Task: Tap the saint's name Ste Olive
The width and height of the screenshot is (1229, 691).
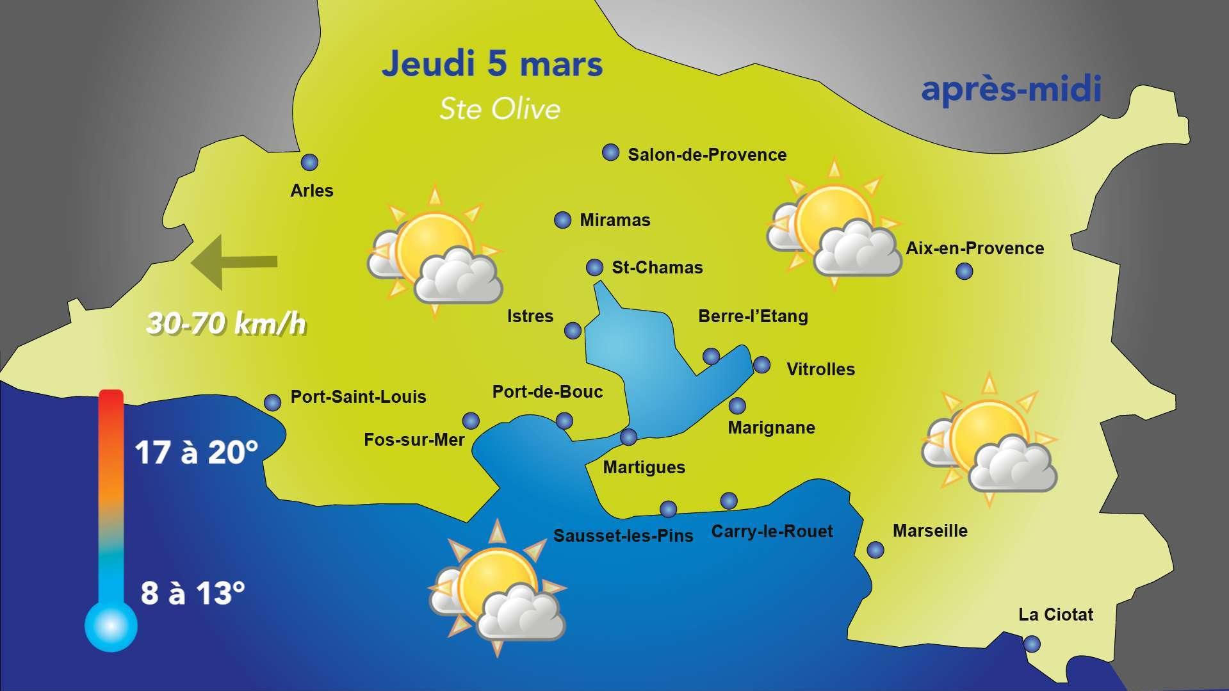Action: tap(500, 109)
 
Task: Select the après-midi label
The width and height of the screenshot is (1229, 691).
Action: tap(1011, 90)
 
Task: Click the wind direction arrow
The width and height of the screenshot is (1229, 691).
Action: tap(234, 261)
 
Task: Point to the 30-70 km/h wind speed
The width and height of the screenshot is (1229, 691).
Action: tap(226, 324)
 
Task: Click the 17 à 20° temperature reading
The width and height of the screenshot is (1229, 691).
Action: tap(196, 453)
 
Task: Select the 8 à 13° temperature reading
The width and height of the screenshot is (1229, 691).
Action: tap(192, 593)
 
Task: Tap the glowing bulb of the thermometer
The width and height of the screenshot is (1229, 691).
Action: tap(111, 626)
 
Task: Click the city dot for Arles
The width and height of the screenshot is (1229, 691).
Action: tap(309, 162)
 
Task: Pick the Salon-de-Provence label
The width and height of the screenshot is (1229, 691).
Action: tap(707, 155)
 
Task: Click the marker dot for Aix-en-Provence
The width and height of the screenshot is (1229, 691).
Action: tap(964, 272)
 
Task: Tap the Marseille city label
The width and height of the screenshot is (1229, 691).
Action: tap(930, 530)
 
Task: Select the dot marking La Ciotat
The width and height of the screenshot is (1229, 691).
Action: tap(1032, 644)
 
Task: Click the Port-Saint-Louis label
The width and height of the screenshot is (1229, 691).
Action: tap(358, 397)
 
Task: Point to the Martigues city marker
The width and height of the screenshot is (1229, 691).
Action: tap(629, 437)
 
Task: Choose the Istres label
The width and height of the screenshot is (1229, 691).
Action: tap(530, 316)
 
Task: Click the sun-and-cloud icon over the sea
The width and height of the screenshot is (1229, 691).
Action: tap(497, 589)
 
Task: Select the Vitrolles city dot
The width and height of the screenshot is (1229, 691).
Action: tap(761, 365)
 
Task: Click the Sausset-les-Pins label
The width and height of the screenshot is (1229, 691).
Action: tap(623, 536)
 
